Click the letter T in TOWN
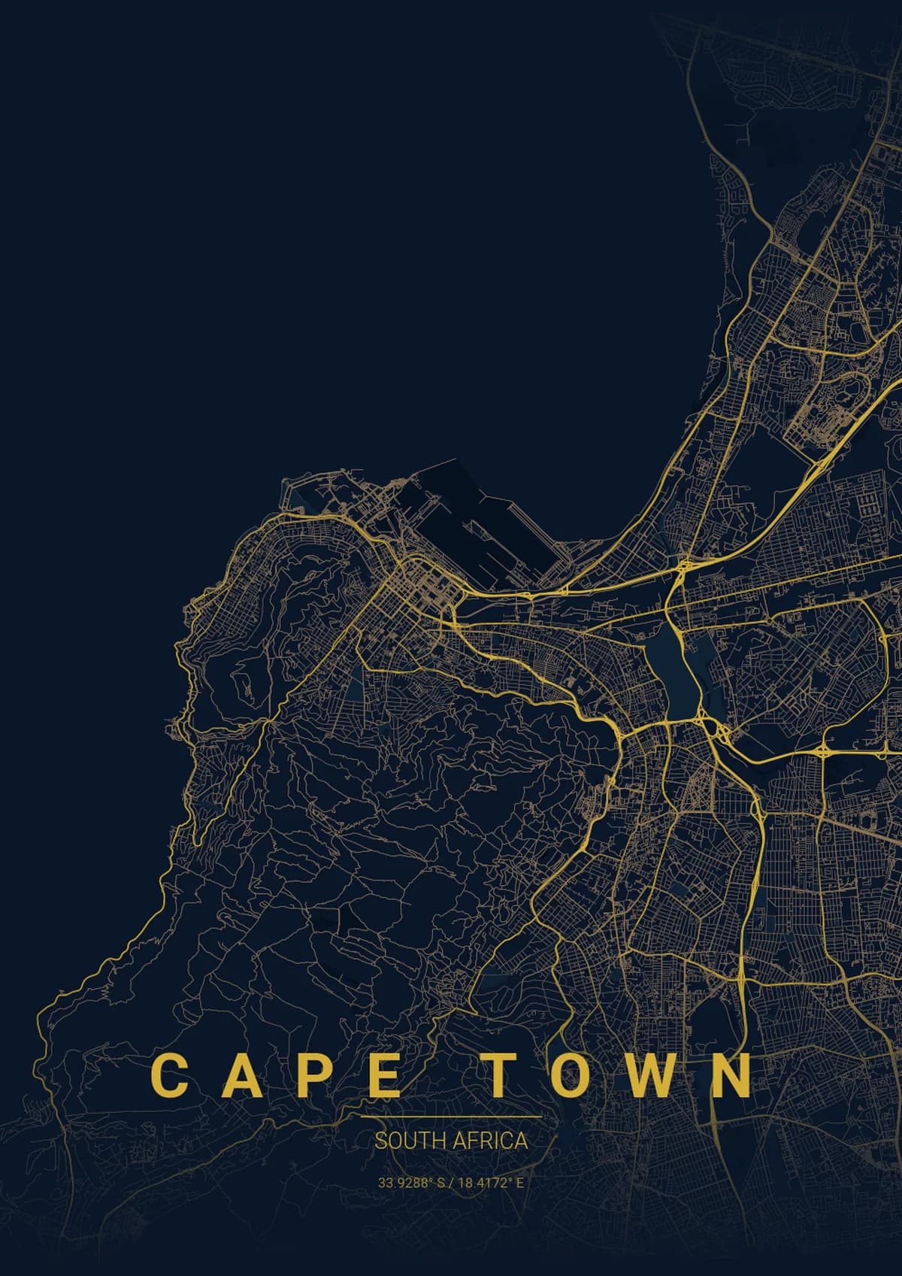click(501, 1075)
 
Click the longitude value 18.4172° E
click(490, 1183)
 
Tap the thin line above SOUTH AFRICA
click(451, 1117)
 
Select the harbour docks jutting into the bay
click(481, 526)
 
